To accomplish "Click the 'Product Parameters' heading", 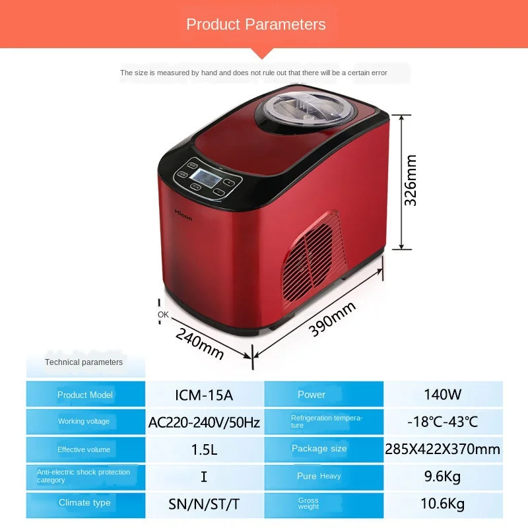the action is (256, 24).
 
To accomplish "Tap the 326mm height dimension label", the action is (411, 180).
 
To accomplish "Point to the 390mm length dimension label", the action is (332, 318).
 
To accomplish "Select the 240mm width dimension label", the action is (199, 343).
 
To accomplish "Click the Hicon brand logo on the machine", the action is (183, 214).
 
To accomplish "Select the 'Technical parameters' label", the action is (84, 362).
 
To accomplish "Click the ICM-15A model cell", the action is (204, 395).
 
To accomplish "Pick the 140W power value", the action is (442, 394).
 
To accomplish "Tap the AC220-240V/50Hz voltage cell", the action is (204, 422).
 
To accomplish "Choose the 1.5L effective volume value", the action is (204, 449).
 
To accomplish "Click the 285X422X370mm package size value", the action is (442, 449).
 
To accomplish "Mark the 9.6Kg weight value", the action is (442, 477).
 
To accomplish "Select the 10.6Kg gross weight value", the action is (442, 504).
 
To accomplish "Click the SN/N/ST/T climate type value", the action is (204, 504).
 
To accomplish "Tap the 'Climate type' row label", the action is (84, 503).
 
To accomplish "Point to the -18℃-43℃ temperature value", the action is (442, 422).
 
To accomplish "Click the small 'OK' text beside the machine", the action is (163, 315).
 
